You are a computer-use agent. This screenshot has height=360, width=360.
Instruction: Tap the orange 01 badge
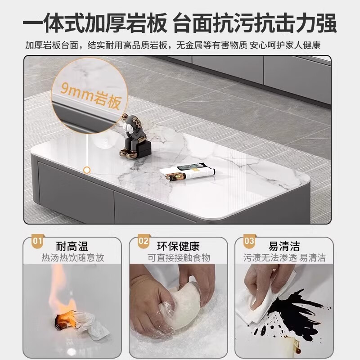(37, 241)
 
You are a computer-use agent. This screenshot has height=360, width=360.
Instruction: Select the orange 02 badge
(144, 241)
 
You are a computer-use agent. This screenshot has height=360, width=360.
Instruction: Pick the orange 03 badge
(249, 241)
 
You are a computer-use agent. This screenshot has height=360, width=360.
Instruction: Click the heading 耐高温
(72, 246)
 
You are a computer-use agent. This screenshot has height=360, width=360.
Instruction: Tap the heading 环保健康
(179, 246)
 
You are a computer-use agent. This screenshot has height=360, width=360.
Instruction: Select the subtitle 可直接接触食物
(179, 258)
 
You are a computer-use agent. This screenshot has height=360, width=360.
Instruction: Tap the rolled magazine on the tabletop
(188, 172)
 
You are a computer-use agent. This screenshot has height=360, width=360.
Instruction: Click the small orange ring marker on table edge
(87, 170)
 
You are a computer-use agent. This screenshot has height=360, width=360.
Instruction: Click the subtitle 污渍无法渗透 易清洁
(284, 258)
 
